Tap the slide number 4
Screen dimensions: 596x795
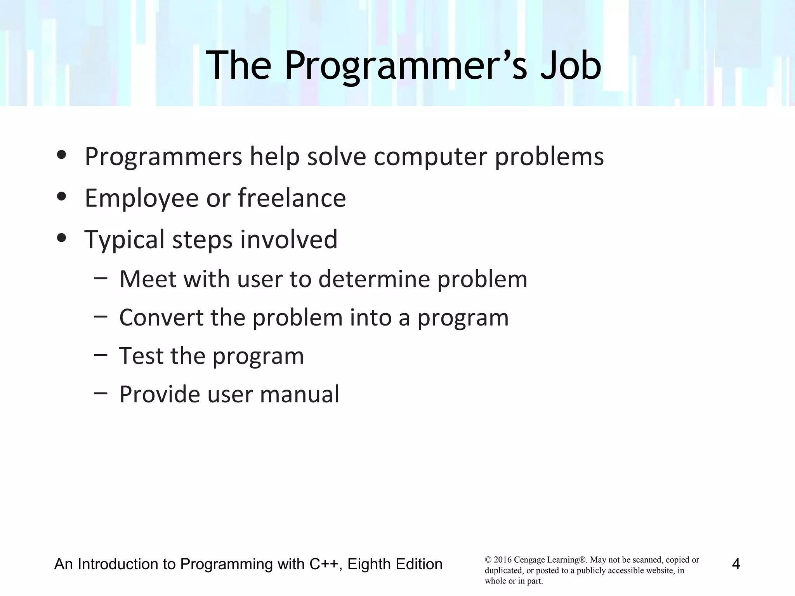pos(736,564)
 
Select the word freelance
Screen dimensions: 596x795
pos(292,198)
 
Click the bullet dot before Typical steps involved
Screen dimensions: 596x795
pos(61,238)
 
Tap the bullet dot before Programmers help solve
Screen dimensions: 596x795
pos(61,155)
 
